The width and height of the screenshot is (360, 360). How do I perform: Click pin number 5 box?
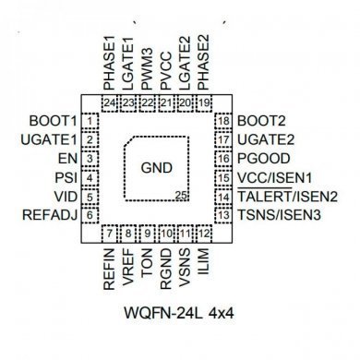[90, 197]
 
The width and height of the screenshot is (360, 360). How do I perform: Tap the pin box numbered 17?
[222, 139]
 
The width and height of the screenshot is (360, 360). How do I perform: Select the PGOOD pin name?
[260, 158]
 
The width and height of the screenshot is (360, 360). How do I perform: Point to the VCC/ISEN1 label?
[275, 177]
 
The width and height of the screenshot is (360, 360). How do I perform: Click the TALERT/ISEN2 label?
[286, 197]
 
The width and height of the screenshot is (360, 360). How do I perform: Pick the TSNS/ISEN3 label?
[278, 216]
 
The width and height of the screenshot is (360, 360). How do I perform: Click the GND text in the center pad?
[157, 169]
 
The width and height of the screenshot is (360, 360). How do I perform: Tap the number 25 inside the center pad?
[182, 198]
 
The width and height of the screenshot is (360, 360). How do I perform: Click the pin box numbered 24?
[110, 102]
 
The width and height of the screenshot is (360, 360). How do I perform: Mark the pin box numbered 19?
[204, 102]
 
